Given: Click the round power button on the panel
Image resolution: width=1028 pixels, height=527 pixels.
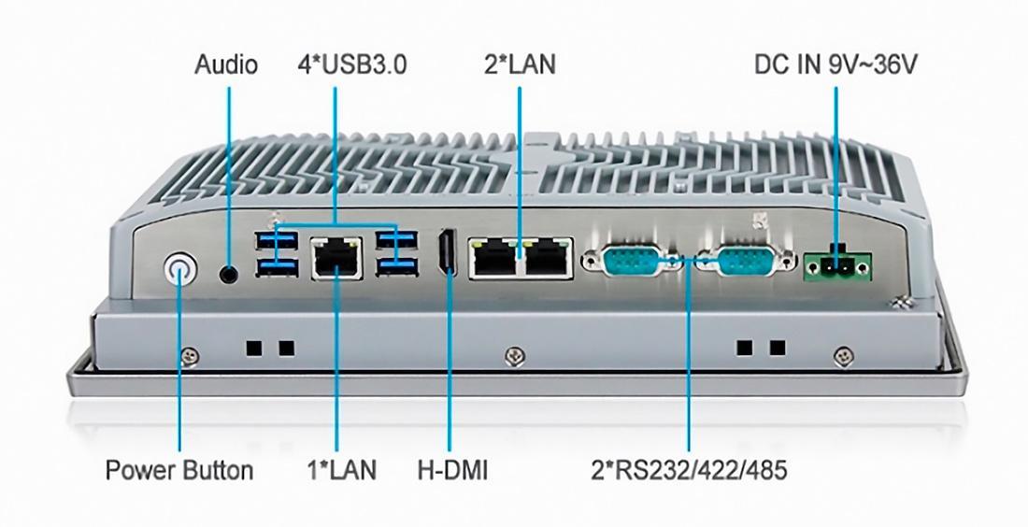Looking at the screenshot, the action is [180, 269].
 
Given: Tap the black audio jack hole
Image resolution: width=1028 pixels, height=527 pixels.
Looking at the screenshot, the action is [229, 274].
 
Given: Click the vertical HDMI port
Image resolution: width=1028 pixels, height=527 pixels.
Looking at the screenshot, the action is [449, 253].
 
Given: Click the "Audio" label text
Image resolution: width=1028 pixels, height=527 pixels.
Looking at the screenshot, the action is [226, 64].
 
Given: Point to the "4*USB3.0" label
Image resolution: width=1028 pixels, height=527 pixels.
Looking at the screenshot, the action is [352, 64].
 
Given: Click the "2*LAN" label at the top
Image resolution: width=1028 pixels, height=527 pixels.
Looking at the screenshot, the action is [520, 64].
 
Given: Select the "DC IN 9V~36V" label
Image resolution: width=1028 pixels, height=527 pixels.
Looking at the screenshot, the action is [835, 64].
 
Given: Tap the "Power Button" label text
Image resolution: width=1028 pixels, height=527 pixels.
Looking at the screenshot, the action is [179, 470].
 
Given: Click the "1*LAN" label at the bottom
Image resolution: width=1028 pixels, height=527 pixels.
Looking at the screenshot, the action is [342, 470].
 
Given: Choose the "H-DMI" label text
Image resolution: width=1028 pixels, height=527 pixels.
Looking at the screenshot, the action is [452, 470].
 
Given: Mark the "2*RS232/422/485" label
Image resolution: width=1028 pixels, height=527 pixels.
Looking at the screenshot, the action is [689, 470].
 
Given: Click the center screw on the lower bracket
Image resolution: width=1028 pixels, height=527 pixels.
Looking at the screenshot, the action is [515, 356].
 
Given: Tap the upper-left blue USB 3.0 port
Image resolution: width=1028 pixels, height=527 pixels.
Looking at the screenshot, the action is [276, 240].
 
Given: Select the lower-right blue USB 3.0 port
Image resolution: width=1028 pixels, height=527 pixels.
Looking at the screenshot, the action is [397, 265].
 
